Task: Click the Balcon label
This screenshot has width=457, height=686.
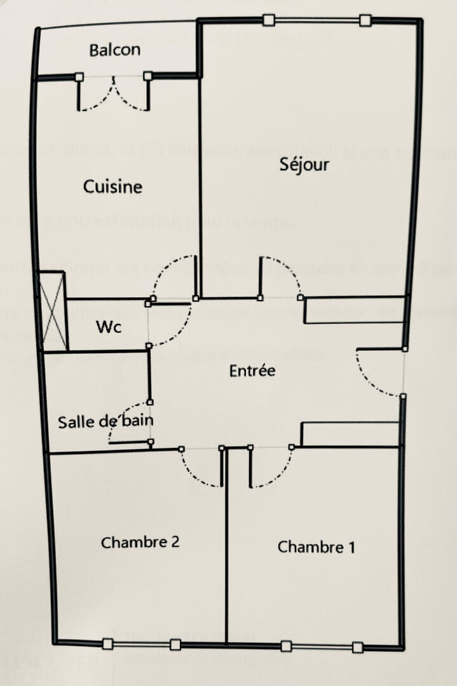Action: [x=114, y=50]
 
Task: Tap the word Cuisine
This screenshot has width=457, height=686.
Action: [x=113, y=187]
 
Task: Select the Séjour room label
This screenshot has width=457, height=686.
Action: [x=305, y=165]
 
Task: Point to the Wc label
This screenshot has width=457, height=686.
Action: [x=109, y=328]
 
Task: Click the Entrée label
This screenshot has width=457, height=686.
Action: [x=252, y=370]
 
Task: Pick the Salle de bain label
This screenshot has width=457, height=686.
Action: [x=105, y=421]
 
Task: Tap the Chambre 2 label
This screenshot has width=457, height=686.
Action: [x=140, y=542]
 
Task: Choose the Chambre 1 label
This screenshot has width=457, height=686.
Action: [x=316, y=547]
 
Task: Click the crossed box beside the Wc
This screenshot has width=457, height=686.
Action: [x=52, y=311]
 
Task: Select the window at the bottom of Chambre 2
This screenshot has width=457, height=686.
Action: [x=141, y=644]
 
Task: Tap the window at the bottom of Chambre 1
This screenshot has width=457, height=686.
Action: [x=322, y=647]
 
